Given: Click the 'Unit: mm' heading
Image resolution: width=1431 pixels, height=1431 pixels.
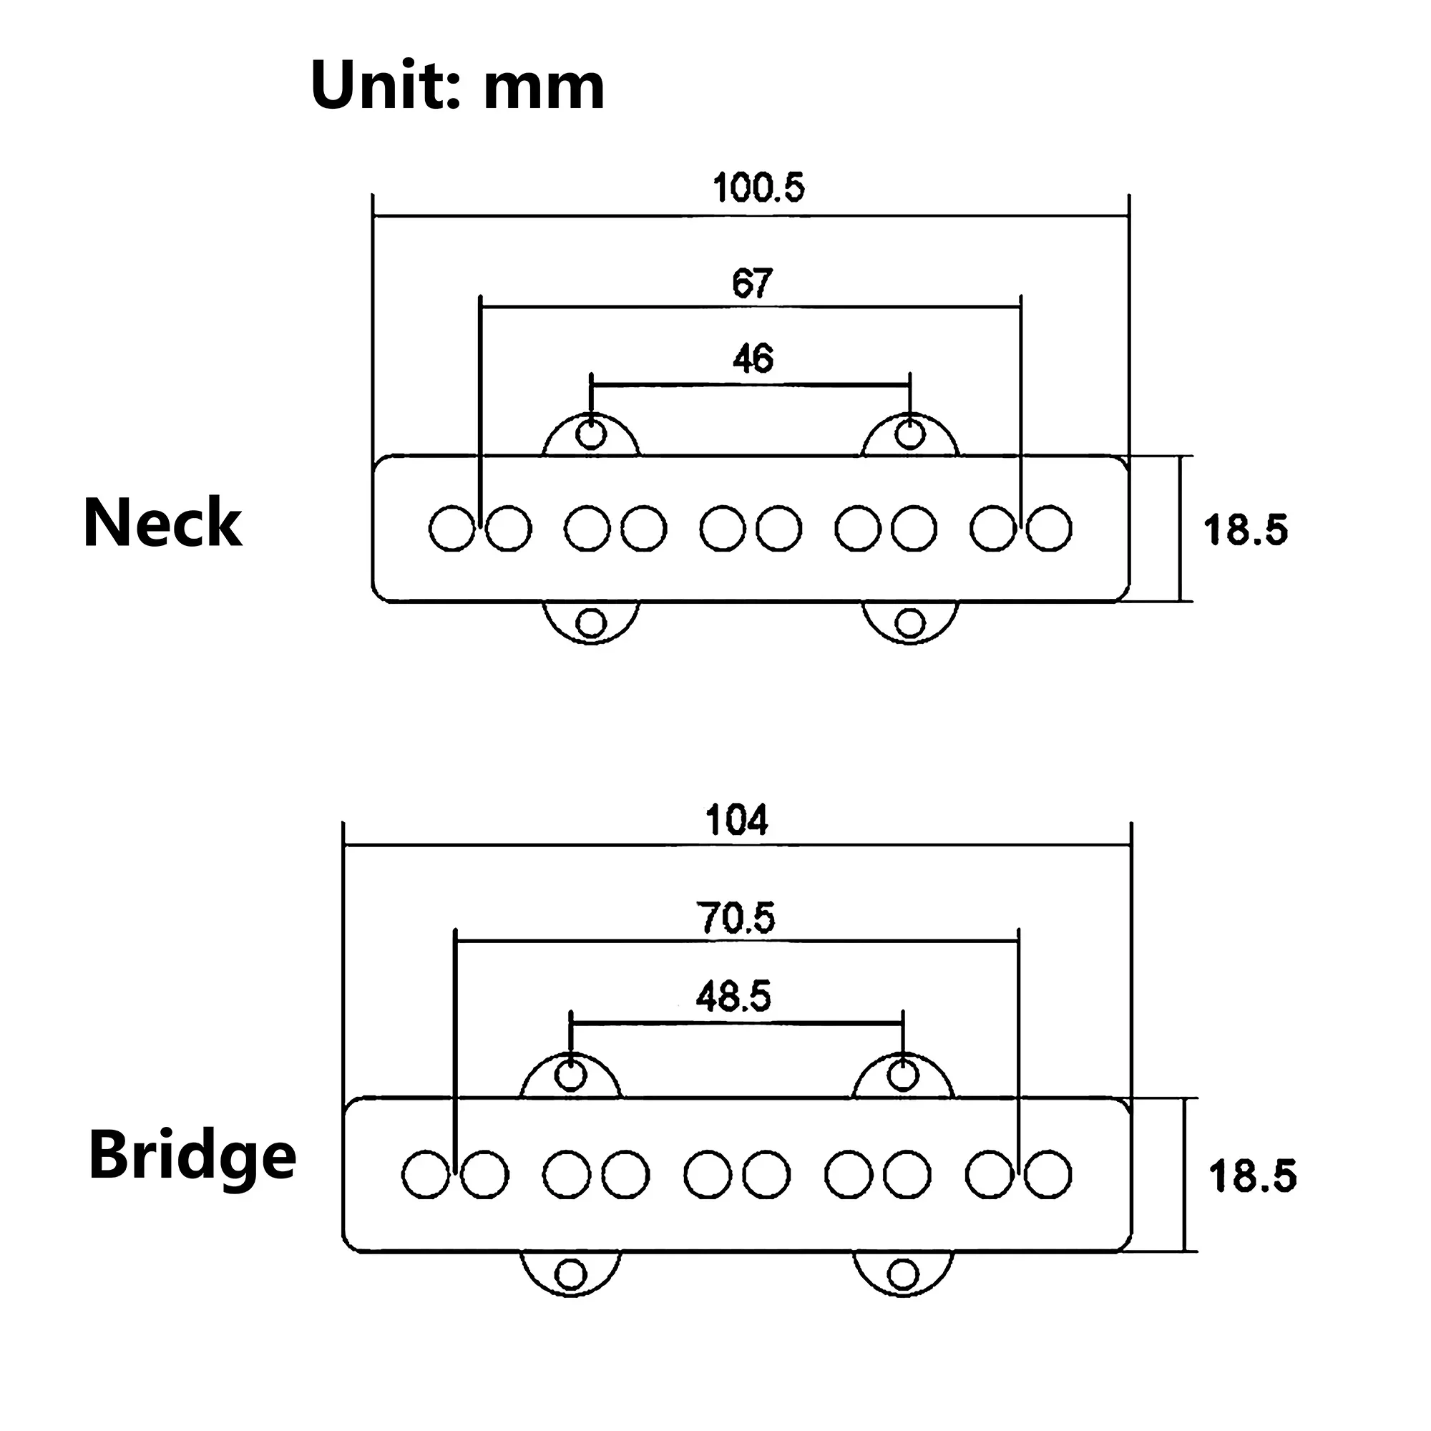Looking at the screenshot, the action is point(458,86).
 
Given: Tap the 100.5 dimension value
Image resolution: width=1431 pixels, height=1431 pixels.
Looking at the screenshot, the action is point(758,187).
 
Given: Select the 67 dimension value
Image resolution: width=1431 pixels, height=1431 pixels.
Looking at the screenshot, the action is point(753,283).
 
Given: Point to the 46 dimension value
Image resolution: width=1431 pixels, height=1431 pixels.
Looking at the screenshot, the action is point(753,358).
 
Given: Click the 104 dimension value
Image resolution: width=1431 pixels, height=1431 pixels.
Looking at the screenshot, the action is point(738,821).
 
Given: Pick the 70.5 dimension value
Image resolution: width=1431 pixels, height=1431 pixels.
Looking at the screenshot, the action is point(736,919).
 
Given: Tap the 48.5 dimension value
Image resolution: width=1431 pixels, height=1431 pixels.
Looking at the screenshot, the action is point(733,996).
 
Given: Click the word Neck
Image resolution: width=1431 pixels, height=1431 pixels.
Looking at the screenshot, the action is point(162,523).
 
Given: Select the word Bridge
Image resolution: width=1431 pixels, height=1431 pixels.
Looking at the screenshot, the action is point(192,1156).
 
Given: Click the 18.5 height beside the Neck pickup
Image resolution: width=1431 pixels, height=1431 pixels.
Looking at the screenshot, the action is point(1246,530).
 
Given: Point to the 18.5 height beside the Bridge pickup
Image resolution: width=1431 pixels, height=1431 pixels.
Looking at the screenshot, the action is point(1253,1176).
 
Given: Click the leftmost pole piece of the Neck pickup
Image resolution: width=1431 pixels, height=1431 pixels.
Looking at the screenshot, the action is point(451,528).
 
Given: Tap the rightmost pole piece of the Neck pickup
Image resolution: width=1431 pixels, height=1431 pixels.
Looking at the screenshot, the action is point(1050,528).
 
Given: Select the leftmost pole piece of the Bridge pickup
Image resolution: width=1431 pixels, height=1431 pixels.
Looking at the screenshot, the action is point(426,1174).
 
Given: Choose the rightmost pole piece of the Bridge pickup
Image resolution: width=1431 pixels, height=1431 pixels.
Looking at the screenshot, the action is point(1048,1174).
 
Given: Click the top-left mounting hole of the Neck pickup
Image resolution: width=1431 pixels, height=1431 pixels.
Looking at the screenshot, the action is point(590,434).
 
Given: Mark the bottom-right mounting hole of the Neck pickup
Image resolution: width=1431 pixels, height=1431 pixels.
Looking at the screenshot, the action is point(910,623).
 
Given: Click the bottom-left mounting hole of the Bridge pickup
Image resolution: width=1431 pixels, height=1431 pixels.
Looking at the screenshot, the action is point(570,1274).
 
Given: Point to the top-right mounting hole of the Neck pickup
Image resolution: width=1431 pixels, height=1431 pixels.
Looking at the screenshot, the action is point(910,434).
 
